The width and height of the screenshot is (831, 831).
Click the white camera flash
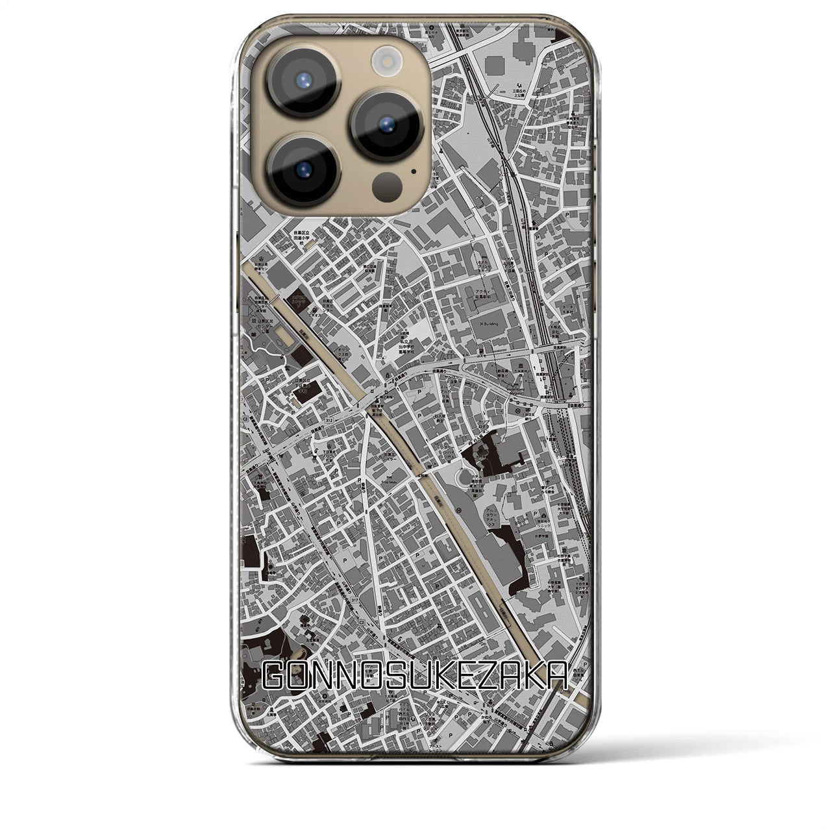click(x=388, y=63)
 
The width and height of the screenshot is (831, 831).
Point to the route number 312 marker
click(x=332, y=419)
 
